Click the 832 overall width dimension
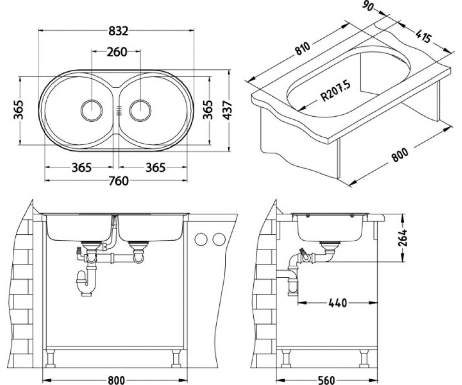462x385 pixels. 118,31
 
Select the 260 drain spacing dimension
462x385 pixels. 117,52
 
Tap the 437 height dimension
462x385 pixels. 228,110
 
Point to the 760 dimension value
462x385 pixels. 119,181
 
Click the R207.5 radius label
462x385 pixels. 336,91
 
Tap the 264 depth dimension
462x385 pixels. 403,238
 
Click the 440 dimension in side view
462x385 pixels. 338,303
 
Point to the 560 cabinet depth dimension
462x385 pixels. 326,380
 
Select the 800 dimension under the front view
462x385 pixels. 116,380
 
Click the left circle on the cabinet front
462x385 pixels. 201,239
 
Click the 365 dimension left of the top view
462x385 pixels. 18,110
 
